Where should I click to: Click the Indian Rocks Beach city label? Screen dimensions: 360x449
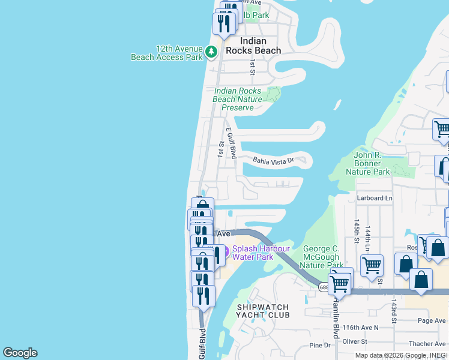coord(253,46)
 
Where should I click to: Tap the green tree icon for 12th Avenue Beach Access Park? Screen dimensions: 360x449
coord(211,53)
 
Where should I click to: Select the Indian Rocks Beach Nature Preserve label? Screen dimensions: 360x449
coord(238,99)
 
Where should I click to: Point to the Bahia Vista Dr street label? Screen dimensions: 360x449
coord(273,160)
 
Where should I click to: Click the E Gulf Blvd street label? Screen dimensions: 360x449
coord(232,143)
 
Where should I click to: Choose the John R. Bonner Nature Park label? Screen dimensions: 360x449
coord(368,163)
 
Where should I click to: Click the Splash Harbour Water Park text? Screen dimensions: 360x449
coord(261,253)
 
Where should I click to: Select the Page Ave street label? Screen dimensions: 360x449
coord(432,321)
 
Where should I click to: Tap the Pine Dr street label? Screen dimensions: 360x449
coord(319,345)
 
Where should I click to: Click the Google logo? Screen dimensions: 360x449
coord(20,353)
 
